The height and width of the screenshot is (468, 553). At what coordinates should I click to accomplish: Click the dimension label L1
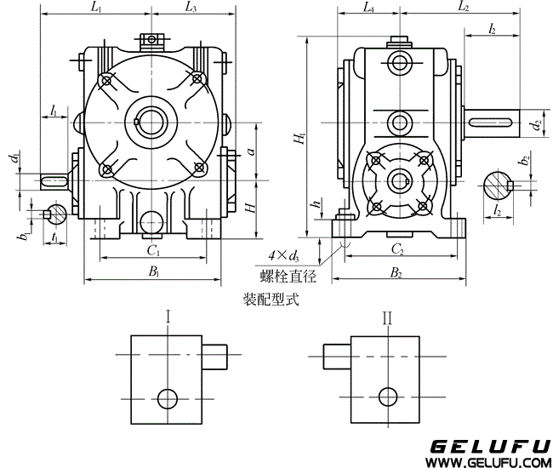(95, 8)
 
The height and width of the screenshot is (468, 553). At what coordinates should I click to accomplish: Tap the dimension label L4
(368, 8)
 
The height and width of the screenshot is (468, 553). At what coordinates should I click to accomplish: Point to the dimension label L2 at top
(464, 8)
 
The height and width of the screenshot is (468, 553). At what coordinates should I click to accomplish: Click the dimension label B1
(154, 272)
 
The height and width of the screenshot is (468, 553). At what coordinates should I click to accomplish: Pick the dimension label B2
(396, 272)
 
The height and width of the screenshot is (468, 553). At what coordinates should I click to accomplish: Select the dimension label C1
(153, 250)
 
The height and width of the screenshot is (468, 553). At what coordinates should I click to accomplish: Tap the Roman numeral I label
(168, 318)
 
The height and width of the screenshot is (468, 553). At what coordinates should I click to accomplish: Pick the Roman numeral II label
(388, 318)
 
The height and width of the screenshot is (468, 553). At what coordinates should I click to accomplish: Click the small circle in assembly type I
(168, 397)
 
